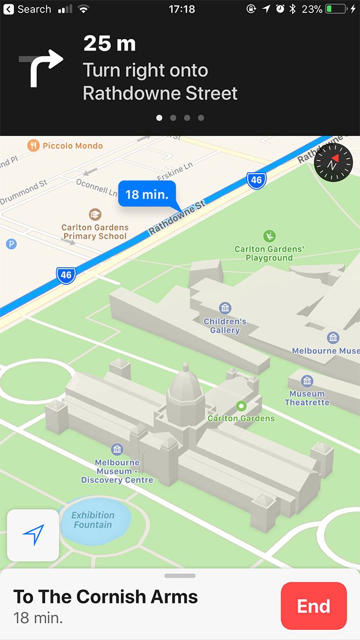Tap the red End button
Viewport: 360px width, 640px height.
click(313, 606)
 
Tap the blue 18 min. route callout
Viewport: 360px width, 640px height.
click(147, 194)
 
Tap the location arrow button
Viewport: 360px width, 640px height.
click(33, 535)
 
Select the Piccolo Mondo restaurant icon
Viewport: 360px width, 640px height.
click(33, 146)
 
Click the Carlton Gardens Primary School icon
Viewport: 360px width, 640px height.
click(95, 214)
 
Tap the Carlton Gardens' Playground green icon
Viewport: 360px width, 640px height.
click(269, 236)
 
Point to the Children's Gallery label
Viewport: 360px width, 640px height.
click(225, 326)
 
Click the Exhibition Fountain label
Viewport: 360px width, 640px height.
click(93, 520)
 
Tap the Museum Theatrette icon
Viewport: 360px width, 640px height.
click(307, 381)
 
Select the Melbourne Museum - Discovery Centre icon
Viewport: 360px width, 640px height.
click(117, 449)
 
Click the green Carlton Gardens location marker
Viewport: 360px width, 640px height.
click(241, 406)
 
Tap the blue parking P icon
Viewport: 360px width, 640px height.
click(11, 244)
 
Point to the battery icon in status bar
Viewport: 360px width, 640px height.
click(337, 9)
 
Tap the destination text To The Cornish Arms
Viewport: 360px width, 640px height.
click(105, 596)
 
